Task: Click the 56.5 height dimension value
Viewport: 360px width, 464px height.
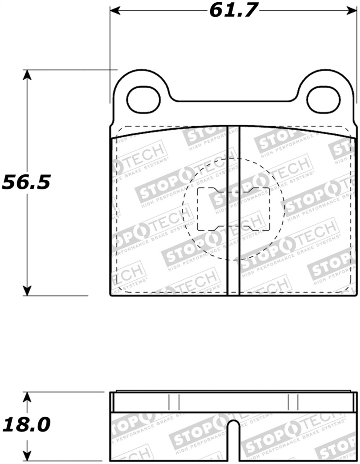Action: click(27, 182)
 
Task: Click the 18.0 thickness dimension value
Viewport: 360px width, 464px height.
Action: click(27, 424)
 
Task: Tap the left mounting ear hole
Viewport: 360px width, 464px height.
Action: click(144, 100)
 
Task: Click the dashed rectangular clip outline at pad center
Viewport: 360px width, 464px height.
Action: click(234, 209)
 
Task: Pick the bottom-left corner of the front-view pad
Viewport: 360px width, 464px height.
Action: click(112, 295)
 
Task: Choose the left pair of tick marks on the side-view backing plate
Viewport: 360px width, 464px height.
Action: click(174, 401)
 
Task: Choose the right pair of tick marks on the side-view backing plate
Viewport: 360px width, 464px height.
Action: click(293, 401)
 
